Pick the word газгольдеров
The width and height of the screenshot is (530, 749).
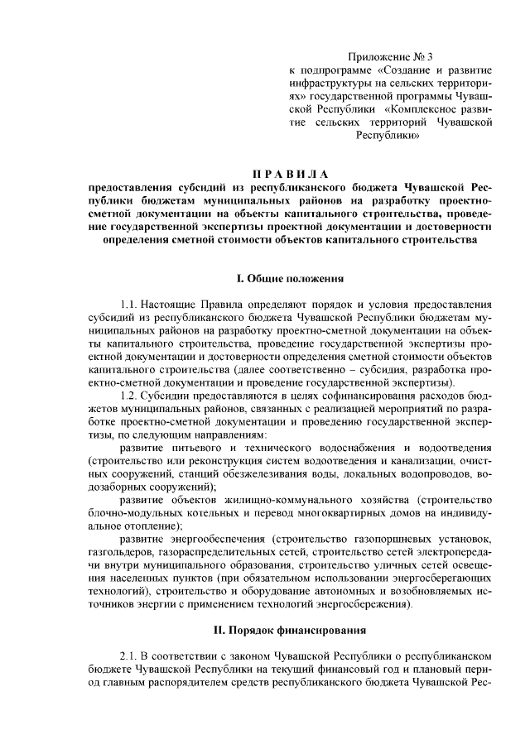pos(120,553)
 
